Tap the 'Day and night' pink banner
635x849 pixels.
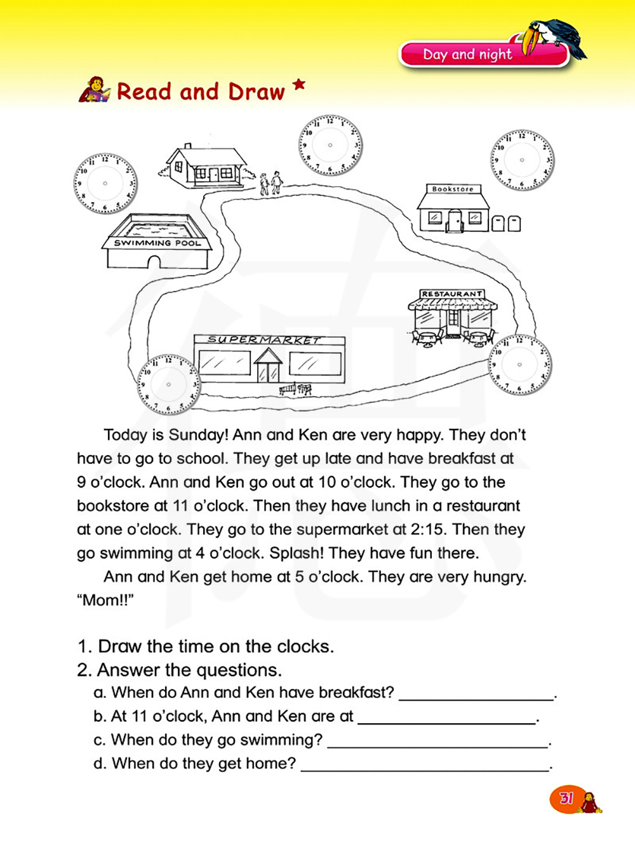click(469, 55)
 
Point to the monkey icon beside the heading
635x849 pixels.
click(94, 90)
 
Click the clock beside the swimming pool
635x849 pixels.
click(105, 183)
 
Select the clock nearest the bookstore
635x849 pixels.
click(522, 160)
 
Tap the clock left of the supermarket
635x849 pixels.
click(168, 384)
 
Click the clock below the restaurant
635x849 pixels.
click(519, 365)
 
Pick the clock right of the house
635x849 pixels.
click(330, 145)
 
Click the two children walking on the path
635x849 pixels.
click(271, 183)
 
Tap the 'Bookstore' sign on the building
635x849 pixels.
click(453, 189)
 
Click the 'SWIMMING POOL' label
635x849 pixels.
click(157, 243)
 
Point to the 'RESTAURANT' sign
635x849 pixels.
click(452, 294)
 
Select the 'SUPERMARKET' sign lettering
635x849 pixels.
click(265, 340)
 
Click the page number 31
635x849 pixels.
click(566, 798)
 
